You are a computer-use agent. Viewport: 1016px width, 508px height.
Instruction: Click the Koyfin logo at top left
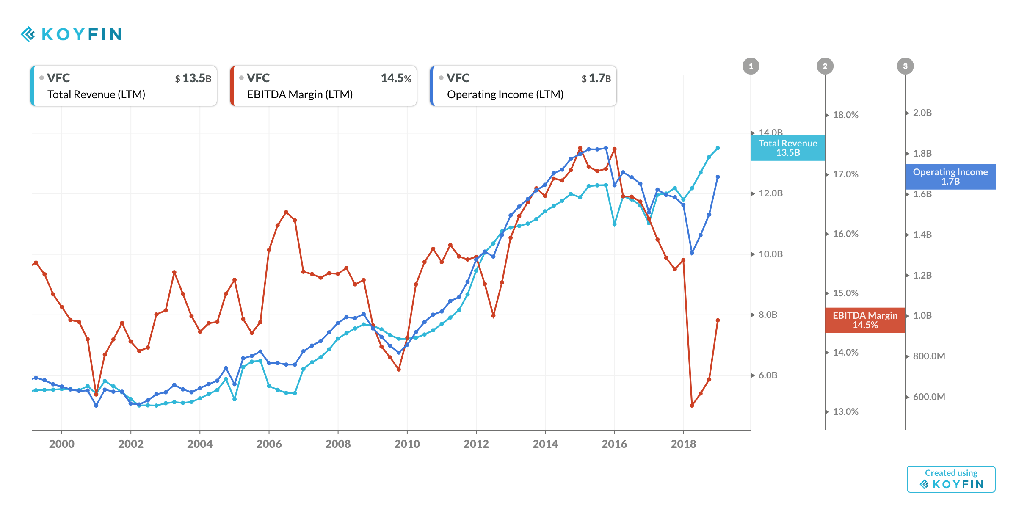(x=71, y=34)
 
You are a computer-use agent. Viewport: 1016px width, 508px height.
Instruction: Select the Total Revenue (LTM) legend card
(x=124, y=86)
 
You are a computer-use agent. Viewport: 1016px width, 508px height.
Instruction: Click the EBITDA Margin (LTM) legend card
(x=323, y=86)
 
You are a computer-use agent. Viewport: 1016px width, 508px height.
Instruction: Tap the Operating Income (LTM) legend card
(x=523, y=86)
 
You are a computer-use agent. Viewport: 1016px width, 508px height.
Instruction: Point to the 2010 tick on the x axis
(x=407, y=443)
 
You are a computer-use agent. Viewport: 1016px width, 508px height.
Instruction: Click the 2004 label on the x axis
(x=200, y=444)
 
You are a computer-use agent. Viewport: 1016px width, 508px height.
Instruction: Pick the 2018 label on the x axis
(x=683, y=444)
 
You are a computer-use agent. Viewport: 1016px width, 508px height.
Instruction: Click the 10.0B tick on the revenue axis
(x=770, y=254)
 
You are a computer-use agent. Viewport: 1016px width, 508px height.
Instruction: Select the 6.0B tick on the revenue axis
(x=768, y=375)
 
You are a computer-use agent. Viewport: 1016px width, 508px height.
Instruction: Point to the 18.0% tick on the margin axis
(x=845, y=115)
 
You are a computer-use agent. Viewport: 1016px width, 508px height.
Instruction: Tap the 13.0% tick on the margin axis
(x=845, y=411)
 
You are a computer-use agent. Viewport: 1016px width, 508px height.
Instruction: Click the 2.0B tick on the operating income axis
(x=922, y=113)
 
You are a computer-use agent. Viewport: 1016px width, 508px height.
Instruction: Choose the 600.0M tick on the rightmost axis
(x=928, y=397)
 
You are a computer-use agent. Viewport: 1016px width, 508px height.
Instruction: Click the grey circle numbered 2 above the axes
(x=825, y=66)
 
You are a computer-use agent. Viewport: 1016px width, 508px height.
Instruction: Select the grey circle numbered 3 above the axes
(x=905, y=66)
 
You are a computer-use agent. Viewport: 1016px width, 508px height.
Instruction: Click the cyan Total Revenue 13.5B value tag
(x=787, y=148)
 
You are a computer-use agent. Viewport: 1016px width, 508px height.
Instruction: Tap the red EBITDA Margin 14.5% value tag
(x=865, y=320)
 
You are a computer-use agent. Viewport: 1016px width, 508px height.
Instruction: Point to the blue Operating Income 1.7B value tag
(x=950, y=177)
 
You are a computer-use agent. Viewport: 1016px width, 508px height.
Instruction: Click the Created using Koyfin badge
(x=951, y=479)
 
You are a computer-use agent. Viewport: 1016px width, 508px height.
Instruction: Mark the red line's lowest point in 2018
(x=692, y=406)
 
